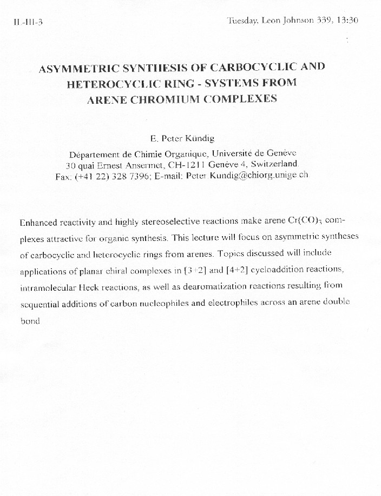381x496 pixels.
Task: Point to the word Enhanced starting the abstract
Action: coord(38,223)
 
